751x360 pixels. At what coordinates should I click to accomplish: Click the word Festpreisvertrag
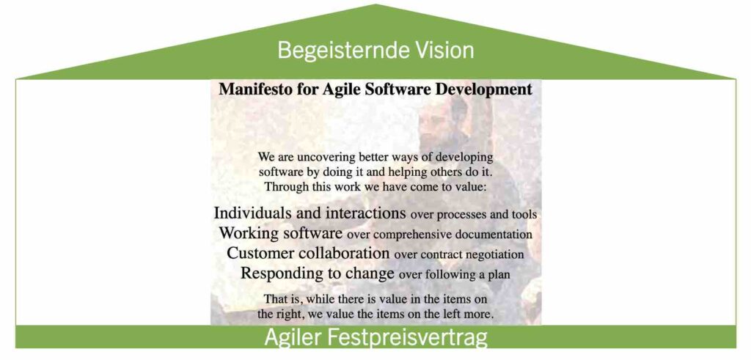pos(408,339)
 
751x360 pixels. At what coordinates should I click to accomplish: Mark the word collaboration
pos(344,253)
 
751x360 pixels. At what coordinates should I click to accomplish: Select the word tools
pos(525,215)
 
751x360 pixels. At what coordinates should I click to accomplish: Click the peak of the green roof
pos(375,4)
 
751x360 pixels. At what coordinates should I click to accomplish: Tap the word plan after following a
pos(499,276)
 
